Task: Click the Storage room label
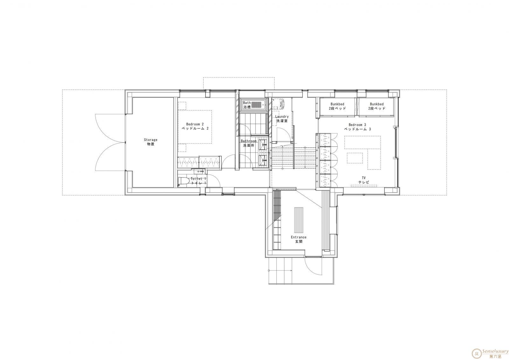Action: coord(151,142)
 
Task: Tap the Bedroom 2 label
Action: coord(195,126)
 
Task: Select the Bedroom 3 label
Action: coord(358,127)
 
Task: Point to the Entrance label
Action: coord(299,239)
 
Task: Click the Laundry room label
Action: coord(282,119)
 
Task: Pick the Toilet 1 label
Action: coord(199,181)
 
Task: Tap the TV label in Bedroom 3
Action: coord(364,180)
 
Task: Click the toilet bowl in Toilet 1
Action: coord(184,181)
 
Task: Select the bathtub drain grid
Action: coord(256,105)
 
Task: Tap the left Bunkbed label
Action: coord(337,106)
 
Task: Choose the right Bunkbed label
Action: coord(377,106)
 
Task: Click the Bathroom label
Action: coord(248,143)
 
